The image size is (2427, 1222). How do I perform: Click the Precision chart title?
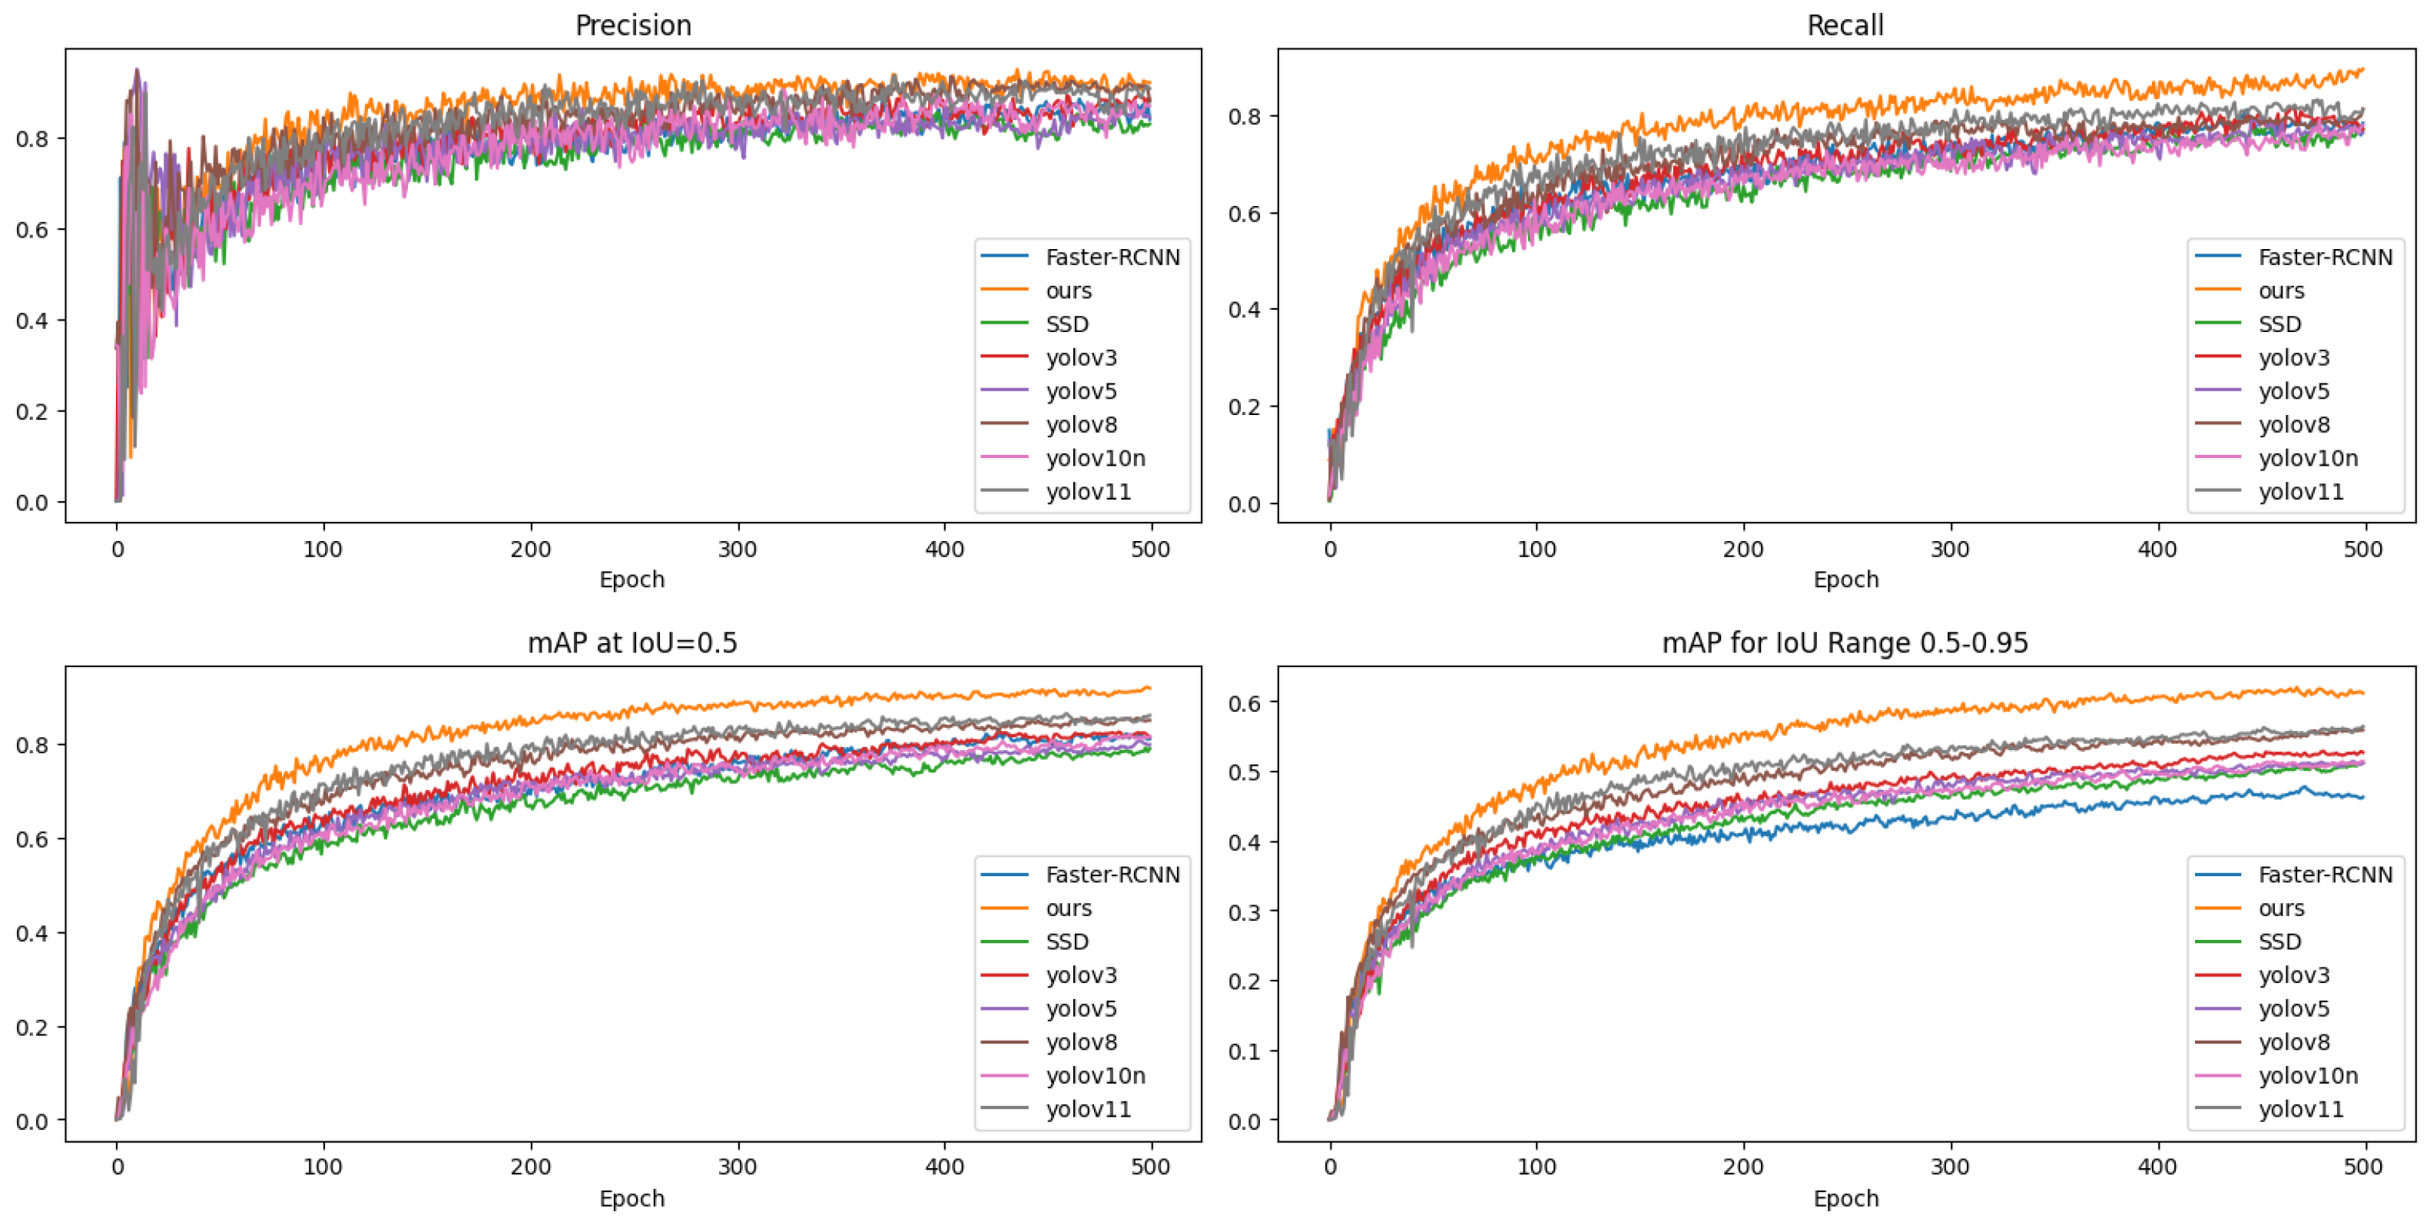pos(633,25)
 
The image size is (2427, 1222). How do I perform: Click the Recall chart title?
pos(1845,25)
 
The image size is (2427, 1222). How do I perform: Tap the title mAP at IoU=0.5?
pos(632,643)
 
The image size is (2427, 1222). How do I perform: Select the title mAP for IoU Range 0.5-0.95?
pos(1845,643)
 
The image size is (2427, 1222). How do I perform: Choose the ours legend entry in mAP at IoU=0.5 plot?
pos(1069,908)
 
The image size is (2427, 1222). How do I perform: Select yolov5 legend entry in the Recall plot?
pos(2293,391)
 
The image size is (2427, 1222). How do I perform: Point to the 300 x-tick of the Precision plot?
pos(737,550)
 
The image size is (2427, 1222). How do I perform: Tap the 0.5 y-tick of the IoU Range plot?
pos(1244,772)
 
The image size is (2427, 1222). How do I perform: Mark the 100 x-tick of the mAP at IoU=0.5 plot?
pos(323,1167)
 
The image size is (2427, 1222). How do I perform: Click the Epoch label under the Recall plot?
pos(1845,580)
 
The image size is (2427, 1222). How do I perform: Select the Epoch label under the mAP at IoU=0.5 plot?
pos(632,1198)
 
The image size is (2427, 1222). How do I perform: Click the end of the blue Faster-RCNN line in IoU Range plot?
pos(2362,798)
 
